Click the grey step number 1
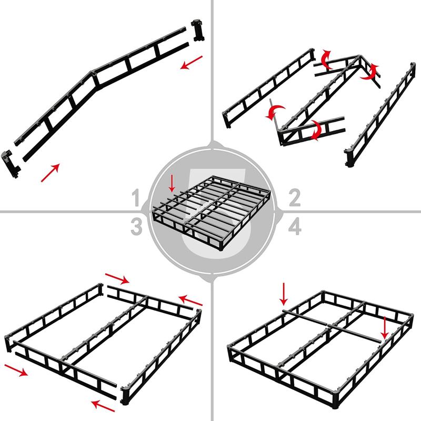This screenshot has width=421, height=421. (x=136, y=199)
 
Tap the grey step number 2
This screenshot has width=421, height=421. (x=294, y=199)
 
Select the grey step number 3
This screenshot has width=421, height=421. (x=136, y=227)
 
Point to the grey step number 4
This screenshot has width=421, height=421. (x=294, y=227)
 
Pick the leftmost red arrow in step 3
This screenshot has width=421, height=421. (x=17, y=370)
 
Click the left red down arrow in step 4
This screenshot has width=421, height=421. (x=284, y=294)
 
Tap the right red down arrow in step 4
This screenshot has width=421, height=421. (x=385, y=327)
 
